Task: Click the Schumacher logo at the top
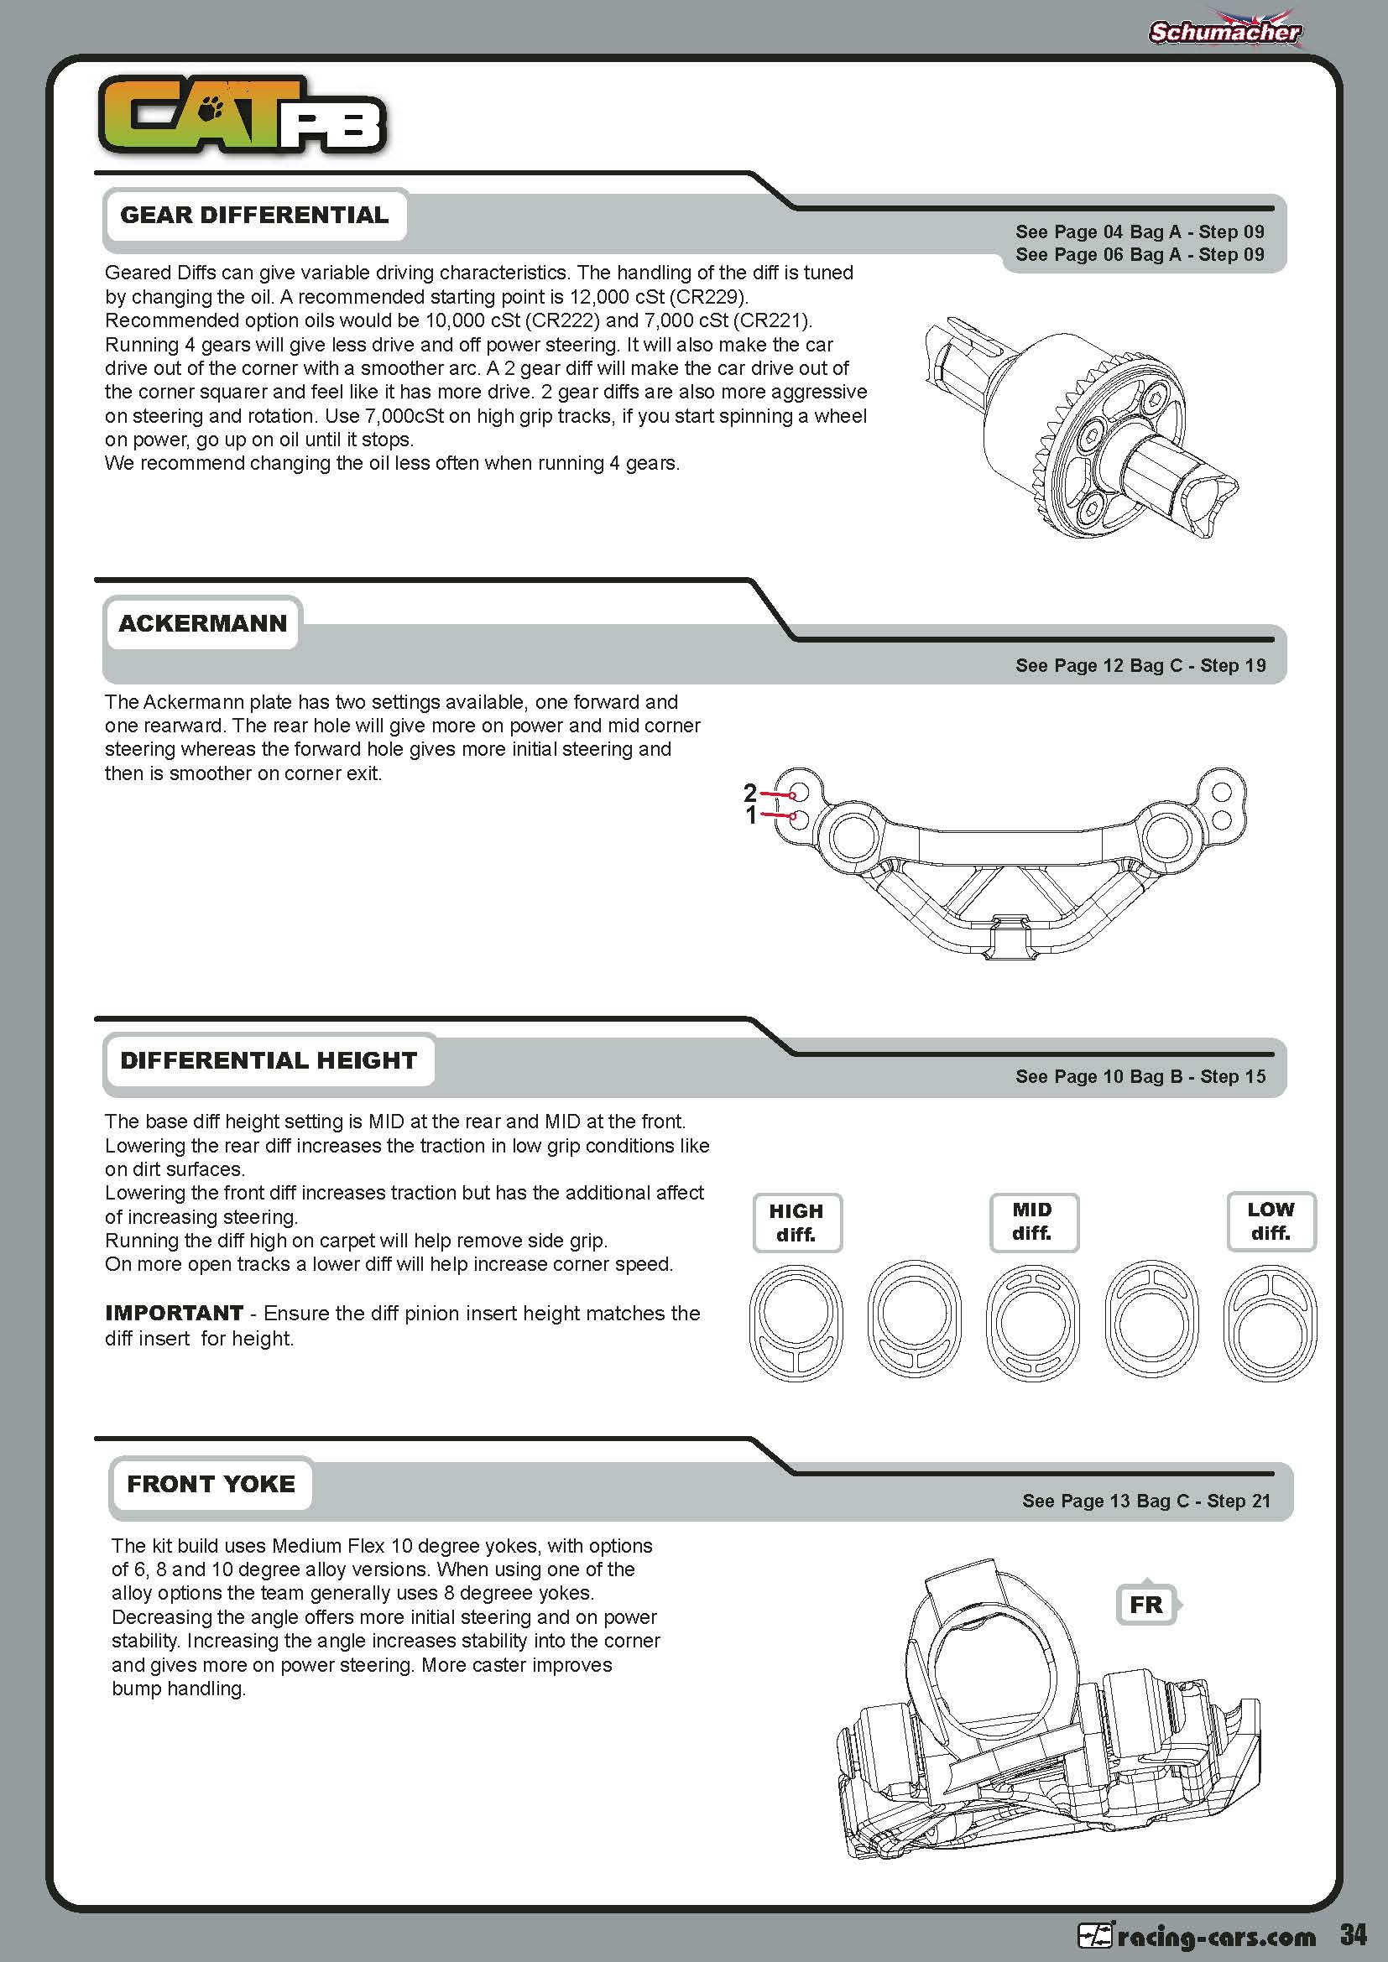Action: (x=1224, y=33)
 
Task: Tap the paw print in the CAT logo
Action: (x=211, y=108)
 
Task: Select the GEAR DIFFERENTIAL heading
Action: (x=253, y=215)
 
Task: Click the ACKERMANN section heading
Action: (x=202, y=623)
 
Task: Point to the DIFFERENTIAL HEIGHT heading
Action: (x=269, y=1060)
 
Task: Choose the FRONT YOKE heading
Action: (x=211, y=1485)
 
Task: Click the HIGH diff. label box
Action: (x=796, y=1223)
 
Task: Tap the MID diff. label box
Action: (x=1032, y=1221)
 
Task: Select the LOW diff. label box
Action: (x=1270, y=1221)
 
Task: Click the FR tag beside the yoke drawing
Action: (x=1146, y=1605)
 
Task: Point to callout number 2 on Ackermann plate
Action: (x=750, y=792)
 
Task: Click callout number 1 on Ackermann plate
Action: (x=751, y=815)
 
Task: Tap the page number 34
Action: (x=1353, y=1934)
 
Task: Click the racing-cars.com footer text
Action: (x=1215, y=1936)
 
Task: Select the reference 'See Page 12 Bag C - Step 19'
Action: (x=1140, y=666)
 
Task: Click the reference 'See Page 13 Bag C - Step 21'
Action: (x=1145, y=1501)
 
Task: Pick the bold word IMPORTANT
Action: (x=175, y=1314)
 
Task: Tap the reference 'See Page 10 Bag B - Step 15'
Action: (x=1140, y=1077)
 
